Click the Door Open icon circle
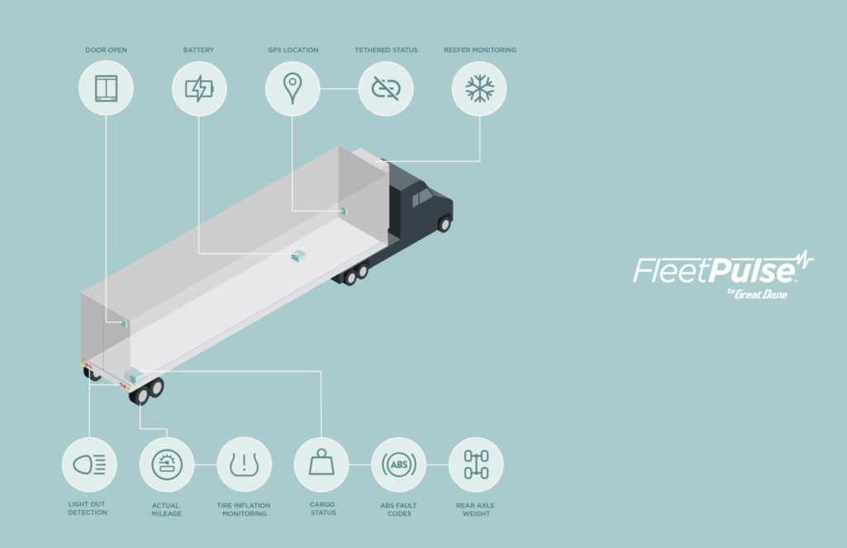point(106,88)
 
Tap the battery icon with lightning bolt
point(199,88)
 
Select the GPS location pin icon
point(292,88)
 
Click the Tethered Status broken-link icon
point(385,88)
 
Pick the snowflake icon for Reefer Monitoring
point(479,88)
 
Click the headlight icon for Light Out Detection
point(89,465)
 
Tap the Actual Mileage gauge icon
point(167,465)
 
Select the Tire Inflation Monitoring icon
point(244,465)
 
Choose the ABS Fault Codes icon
point(399,465)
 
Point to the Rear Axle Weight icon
point(476,465)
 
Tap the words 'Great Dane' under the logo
point(761,294)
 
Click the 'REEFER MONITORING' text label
point(480,50)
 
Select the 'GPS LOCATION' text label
point(293,50)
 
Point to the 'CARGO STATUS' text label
point(323,508)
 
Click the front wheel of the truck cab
point(444,223)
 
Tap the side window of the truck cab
point(423,197)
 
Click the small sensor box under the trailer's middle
point(298,255)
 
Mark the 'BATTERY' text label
point(199,50)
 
